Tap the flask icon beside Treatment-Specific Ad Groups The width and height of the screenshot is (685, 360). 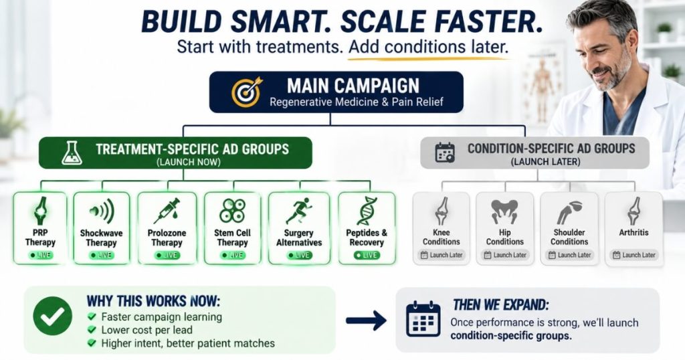pos(72,153)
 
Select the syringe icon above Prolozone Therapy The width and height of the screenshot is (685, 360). pos(167,211)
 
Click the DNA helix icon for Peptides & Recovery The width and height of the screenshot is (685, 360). pos(367,211)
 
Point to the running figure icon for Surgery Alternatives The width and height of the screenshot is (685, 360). pos(299,211)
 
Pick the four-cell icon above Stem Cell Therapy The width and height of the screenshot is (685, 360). pos(232,211)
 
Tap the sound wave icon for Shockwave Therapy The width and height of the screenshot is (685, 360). pos(102,211)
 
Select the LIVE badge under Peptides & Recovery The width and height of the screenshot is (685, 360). pos(367,255)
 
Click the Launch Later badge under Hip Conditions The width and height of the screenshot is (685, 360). pos(505,255)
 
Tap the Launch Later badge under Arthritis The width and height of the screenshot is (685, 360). pos(634,255)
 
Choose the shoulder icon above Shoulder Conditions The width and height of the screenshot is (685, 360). pos(569,212)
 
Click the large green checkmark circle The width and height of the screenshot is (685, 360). pos(52,316)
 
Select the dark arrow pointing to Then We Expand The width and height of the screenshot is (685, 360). pos(366,321)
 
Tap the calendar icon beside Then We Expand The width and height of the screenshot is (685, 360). pos(423,319)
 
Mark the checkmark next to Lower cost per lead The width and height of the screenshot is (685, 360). pos(92,329)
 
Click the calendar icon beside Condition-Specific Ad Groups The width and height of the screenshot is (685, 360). pos(445,153)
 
